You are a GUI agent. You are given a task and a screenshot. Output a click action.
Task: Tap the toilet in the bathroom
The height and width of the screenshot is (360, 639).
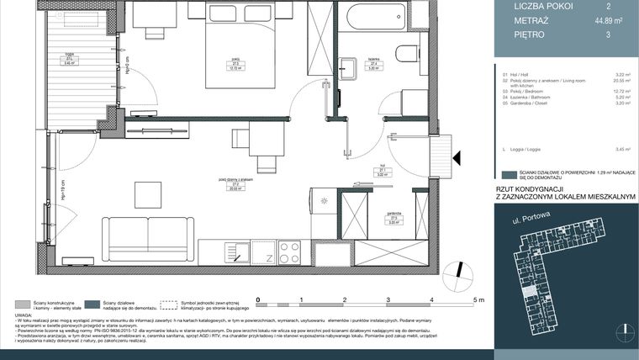pos(408,55)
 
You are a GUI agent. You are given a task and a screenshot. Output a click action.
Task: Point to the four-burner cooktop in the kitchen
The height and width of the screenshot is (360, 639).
pos(289,251)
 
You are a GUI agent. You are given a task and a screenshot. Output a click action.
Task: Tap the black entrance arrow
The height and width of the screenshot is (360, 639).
pos(457,157)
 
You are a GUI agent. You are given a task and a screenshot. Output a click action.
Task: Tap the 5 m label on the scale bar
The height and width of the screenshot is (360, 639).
pos(478,299)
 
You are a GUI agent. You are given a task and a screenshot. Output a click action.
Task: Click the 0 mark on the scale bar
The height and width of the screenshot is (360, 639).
pos(258,299)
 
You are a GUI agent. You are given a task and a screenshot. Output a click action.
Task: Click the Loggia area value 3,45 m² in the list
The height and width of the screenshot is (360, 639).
pos(622,149)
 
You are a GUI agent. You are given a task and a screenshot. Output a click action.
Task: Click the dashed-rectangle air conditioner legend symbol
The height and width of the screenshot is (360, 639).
pos(172,302)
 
